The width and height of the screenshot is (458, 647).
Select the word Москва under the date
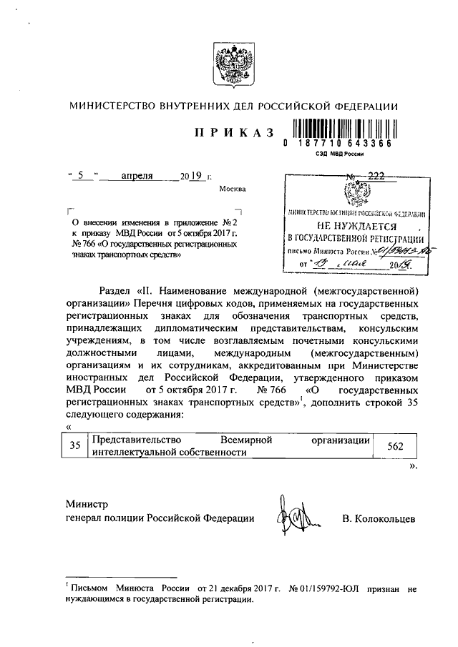[x=230, y=189]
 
